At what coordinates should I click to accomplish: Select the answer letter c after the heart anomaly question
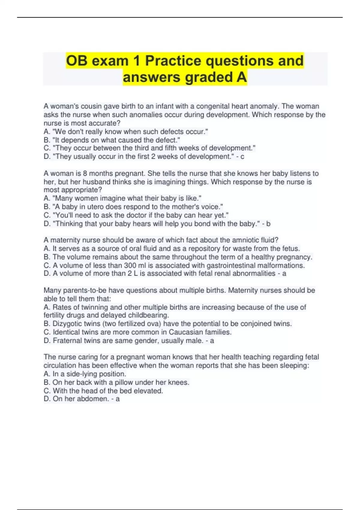tap(242, 157)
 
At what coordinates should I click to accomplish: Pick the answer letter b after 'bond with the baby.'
tap(268, 224)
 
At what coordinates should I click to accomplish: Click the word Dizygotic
tap(67, 324)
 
